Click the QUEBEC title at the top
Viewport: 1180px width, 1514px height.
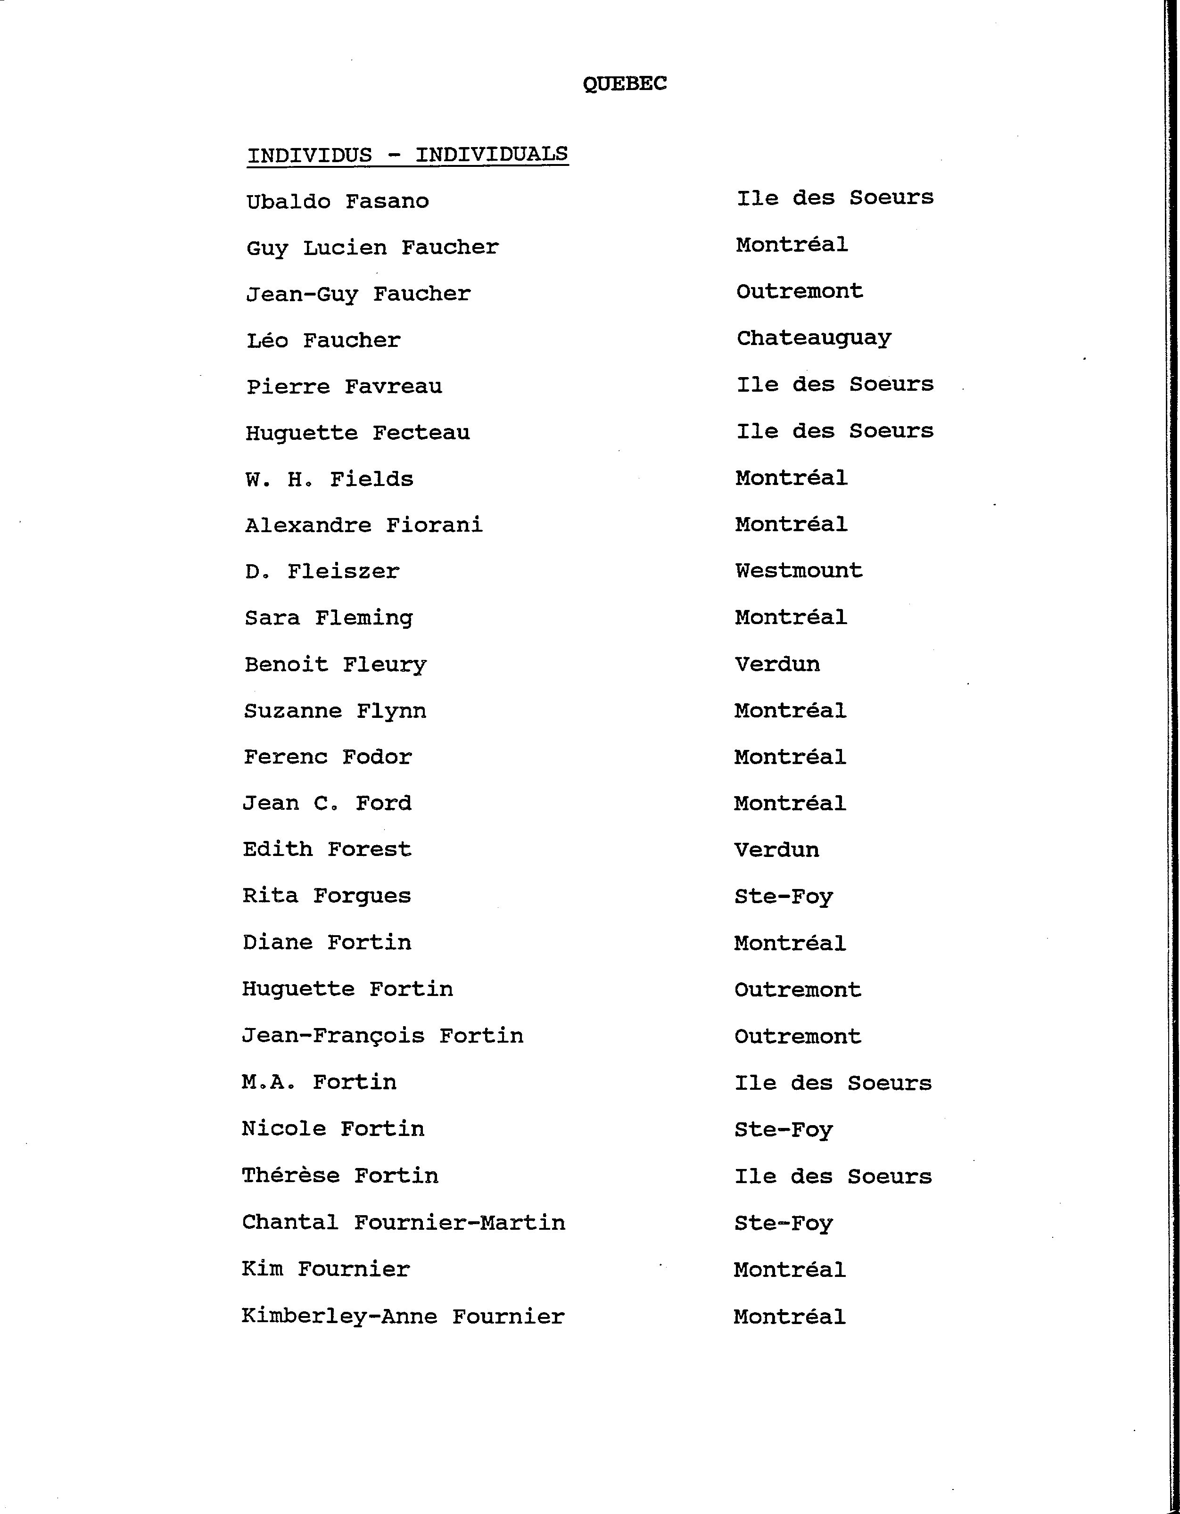point(624,84)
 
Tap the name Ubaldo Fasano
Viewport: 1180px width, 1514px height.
point(338,202)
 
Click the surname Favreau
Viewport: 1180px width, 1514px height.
point(393,386)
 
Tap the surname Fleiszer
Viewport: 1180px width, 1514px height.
point(343,572)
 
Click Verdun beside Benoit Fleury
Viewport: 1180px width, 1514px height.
point(777,664)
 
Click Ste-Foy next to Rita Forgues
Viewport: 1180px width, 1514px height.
point(784,897)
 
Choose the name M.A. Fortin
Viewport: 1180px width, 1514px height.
point(319,1083)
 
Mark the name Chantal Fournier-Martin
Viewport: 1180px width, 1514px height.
point(404,1223)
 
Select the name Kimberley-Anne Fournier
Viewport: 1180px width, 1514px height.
point(403,1317)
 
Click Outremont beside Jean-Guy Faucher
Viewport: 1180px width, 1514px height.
point(800,291)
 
